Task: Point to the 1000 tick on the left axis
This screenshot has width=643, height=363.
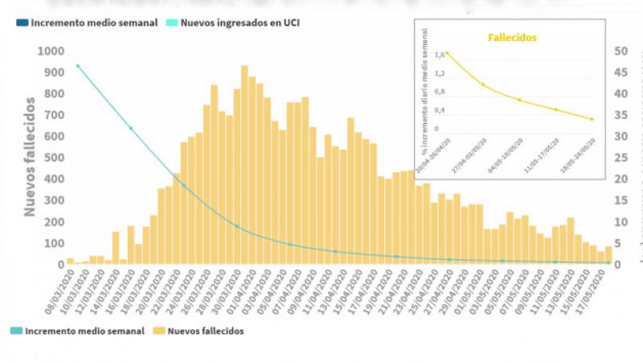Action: point(49,52)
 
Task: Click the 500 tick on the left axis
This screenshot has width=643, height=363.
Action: point(52,158)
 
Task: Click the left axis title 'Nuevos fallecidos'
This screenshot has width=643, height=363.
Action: point(29,157)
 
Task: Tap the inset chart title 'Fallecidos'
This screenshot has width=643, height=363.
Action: point(512,37)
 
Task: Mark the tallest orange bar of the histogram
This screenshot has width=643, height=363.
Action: point(244,165)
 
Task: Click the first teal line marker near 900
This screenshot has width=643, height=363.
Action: point(78,66)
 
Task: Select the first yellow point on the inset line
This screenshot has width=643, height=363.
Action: point(448,54)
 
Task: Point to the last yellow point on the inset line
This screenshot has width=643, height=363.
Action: point(592,119)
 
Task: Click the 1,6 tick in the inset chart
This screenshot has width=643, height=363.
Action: point(440,55)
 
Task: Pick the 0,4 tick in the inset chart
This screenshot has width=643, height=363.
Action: point(440,110)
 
